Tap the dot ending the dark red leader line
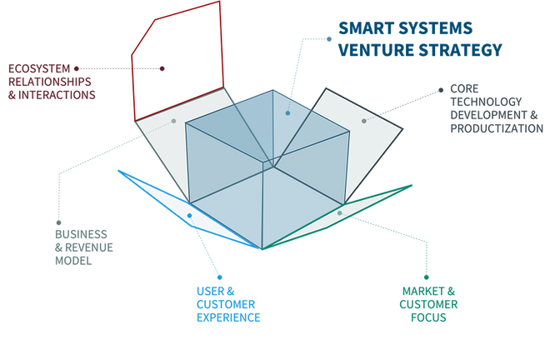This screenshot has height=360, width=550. click(x=164, y=67)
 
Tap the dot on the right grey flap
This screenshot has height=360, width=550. click(x=364, y=122)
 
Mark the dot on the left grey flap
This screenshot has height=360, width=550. click(x=174, y=120)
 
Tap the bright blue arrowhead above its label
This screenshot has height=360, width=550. click(x=221, y=277)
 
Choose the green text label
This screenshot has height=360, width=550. click(x=427, y=303)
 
